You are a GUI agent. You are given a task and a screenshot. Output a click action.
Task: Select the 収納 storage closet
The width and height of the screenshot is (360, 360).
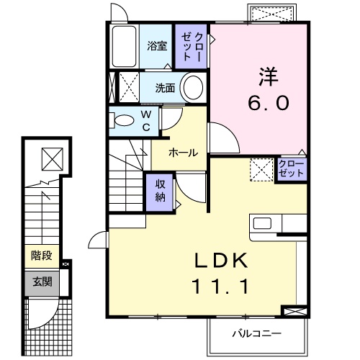pos(160,191)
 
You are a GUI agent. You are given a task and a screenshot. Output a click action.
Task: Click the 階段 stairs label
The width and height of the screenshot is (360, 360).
pos(40,256)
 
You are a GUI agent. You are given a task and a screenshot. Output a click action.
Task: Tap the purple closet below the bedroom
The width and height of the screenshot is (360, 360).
pos(291,169)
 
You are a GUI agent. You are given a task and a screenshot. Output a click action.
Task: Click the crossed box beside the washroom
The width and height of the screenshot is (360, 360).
pos(128,88)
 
